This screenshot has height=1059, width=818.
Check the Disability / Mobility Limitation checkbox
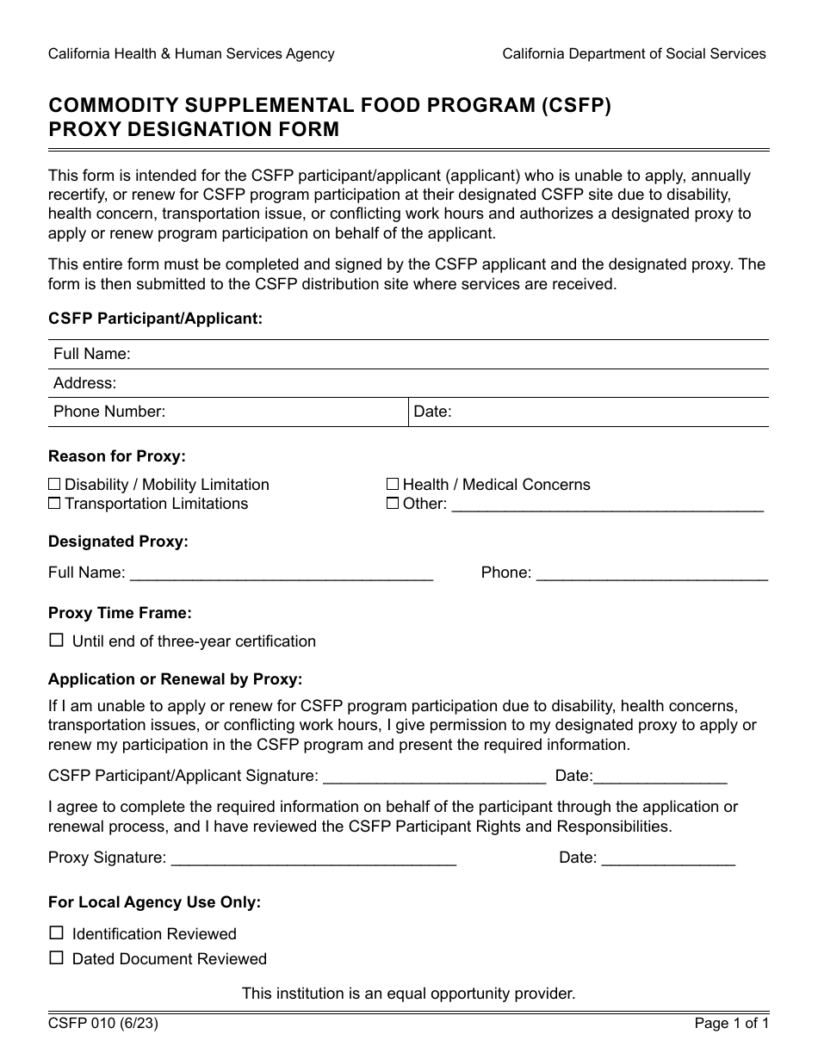click(54, 485)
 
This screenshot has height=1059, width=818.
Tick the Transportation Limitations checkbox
click(54, 504)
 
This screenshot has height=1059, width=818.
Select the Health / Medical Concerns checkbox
click(393, 485)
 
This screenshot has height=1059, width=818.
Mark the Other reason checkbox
click(393, 504)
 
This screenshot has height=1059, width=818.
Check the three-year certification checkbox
click(57, 641)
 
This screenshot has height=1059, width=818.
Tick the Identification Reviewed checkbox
click(57, 932)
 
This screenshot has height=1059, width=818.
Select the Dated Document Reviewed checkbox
click(57, 957)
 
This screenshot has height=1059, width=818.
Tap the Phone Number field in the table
click(284, 412)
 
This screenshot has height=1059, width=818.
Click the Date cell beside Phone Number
click(603, 412)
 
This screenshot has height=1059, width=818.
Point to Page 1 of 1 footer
click(731, 1024)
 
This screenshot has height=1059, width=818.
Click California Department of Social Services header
click(634, 53)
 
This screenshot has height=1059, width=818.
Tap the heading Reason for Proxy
click(117, 456)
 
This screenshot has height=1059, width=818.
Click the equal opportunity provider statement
click(408, 994)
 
